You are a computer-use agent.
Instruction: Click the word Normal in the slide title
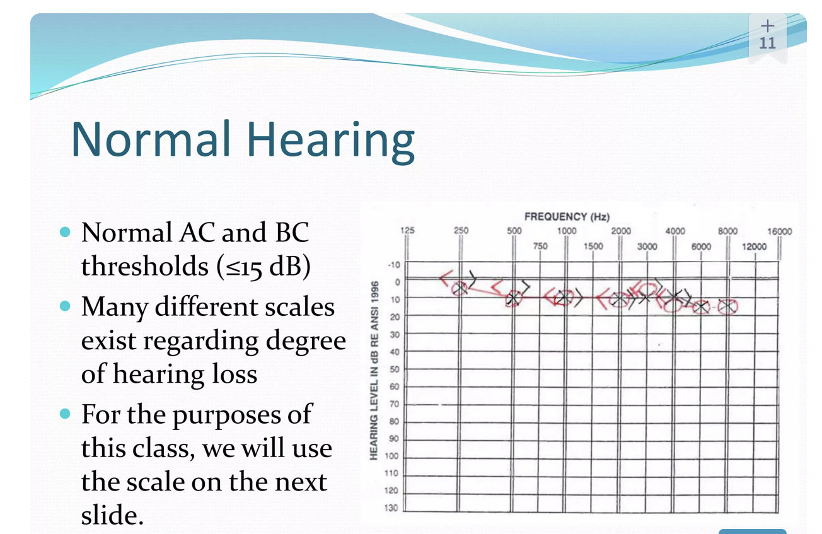pos(151,139)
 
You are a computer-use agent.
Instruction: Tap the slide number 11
pos(767,43)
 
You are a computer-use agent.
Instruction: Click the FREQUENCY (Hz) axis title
pos(567,217)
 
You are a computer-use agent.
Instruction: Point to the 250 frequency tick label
pos(461,231)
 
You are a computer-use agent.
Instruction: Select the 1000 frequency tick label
pos(567,231)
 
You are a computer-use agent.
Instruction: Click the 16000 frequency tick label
pos(780,231)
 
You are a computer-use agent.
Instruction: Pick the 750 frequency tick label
pos(540,246)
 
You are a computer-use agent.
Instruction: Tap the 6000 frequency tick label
pos(701,247)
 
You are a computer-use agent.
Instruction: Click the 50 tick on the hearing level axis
pos(395,369)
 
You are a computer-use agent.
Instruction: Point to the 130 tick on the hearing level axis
pos(391,508)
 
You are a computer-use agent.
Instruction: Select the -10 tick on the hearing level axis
pos(394,265)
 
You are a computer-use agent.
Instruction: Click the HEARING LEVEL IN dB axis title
pos(374,371)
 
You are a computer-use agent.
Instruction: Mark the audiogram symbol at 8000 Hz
pos(727,307)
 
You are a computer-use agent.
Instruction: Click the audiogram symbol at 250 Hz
pos(460,289)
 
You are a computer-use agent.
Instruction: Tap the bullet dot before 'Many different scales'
pos(65,306)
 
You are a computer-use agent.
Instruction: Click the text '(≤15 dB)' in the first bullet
pos(263,267)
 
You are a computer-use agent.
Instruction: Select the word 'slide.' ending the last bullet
pos(112,514)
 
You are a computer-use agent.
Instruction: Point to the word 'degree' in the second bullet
pos(306,341)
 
